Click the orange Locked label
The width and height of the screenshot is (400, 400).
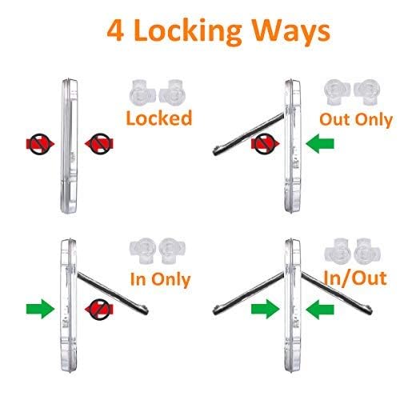point(160,118)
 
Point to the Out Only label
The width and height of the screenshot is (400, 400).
point(355,119)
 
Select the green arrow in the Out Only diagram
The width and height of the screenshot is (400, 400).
point(320,145)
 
